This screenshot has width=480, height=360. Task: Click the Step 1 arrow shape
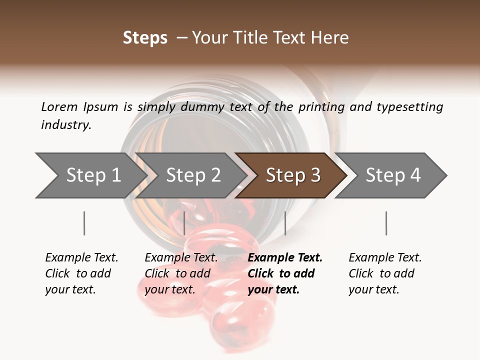90,175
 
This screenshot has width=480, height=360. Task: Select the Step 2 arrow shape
192,175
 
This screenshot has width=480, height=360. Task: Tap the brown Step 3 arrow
292,175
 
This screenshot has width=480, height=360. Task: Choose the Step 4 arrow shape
392,175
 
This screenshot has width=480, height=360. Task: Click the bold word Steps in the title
145,38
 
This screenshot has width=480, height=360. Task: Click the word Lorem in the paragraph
59,106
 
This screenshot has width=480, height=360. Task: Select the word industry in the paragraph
65,125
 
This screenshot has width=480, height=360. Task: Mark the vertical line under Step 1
84,223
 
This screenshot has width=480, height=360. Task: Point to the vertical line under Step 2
184,223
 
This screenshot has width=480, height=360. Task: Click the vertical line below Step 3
285,223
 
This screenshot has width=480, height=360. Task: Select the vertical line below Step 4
386,223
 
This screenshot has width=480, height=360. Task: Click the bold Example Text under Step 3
285,257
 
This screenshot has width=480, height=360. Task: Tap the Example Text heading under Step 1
81,257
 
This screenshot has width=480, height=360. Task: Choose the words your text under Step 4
373,289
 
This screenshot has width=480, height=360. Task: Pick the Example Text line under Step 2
181,257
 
